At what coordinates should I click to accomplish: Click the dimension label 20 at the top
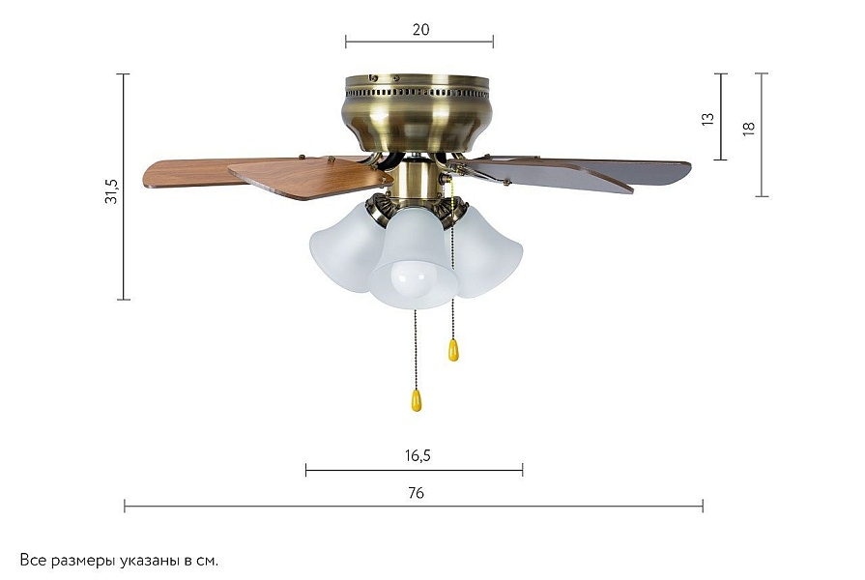(x=421, y=29)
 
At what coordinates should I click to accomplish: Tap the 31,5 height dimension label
(x=111, y=191)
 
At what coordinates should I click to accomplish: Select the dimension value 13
(x=707, y=119)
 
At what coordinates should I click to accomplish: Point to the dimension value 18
(x=748, y=128)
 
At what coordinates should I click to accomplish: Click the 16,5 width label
(x=418, y=456)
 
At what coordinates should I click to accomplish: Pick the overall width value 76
(x=416, y=493)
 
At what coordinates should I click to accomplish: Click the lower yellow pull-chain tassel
(x=417, y=400)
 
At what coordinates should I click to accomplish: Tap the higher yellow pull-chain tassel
(x=453, y=350)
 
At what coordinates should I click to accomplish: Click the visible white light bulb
(x=410, y=281)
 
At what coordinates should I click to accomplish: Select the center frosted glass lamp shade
(x=414, y=259)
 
